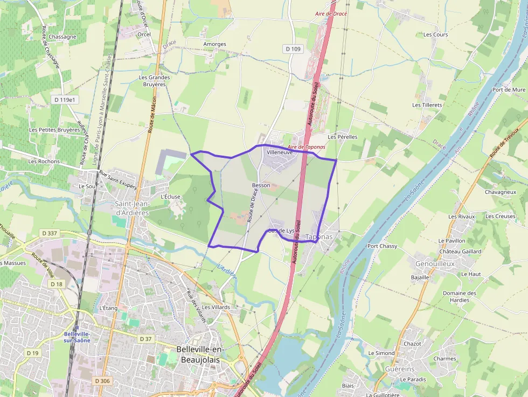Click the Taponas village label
tap(319, 236)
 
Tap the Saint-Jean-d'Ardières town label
tap(131, 208)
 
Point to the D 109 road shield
tap(293, 49)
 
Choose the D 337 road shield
tap(49, 233)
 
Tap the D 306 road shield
tap(102, 381)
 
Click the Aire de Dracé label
tap(331, 13)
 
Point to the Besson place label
tap(261, 185)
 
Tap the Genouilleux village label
tap(435, 264)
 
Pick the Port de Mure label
tap(509, 90)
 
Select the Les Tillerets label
tap(427, 105)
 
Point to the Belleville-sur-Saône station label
tap(77, 337)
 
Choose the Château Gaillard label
tap(460, 252)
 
